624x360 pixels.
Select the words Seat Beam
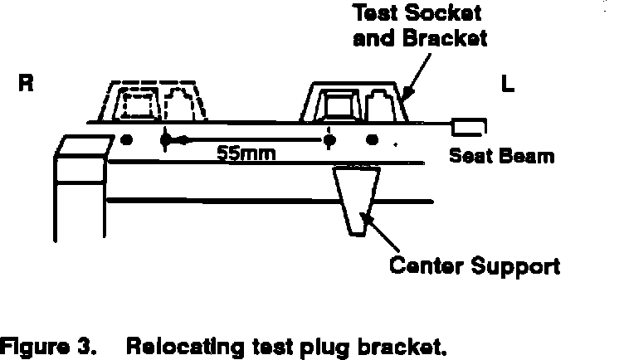click(x=501, y=155)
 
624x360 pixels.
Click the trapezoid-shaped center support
click(x=356, y=199)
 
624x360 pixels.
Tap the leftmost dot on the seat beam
click(x=125, y=139)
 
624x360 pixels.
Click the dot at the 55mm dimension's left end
click(x=164, y=140)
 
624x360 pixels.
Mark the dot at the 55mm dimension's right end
click(x=329, y=140)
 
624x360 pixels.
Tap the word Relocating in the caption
click(x=175, y=343)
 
